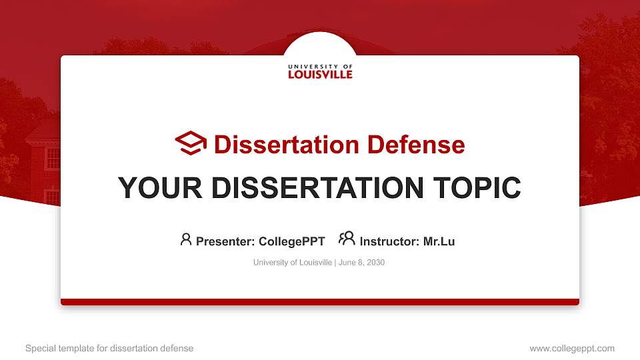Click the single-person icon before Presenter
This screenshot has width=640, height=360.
click(x=186, y=239)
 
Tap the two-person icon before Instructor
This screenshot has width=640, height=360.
click(x=347, y=239)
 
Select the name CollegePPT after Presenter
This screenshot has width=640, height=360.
click(x=292, y=241)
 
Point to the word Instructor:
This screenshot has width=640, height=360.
click(x=389, y=241)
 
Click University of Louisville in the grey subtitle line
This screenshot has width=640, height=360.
click(x=292, y=263)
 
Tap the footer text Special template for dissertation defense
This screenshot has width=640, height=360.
click(x=109, y=348)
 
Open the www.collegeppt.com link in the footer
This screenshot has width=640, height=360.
click(x=572, y=348)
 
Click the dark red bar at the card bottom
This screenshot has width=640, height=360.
click(x=320, y=302)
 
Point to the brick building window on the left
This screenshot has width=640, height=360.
click(x=52, y=159)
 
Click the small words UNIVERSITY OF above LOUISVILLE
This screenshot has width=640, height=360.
click(x=320, y=67)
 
